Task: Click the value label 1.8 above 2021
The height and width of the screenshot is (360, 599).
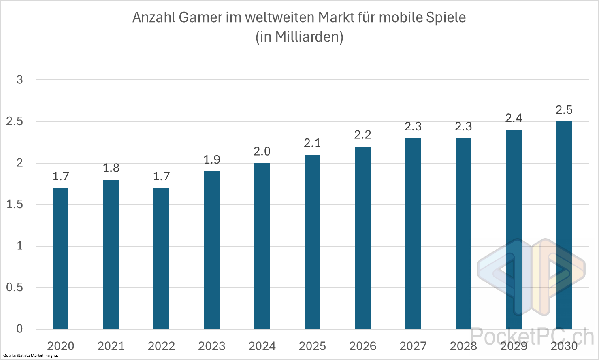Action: (111, 168)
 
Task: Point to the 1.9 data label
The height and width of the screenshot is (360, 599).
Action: (212, 160)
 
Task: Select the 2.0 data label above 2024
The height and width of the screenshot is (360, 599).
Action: (262, 151)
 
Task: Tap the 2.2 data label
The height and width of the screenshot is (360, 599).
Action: (362, 135)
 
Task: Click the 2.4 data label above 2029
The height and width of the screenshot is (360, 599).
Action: (514, 118)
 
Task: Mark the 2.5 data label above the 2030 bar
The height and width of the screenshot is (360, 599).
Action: (564, 110)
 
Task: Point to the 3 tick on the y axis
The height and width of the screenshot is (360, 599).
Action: (19, 80)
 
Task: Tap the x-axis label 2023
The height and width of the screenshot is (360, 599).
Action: (212, 346)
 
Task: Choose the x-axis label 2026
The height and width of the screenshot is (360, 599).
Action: (362, 346)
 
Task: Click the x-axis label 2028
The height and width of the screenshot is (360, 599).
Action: (463, 346)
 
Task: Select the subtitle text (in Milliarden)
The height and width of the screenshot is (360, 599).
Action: (299, 37)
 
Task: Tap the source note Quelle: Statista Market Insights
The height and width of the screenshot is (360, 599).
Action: (30, 356)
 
